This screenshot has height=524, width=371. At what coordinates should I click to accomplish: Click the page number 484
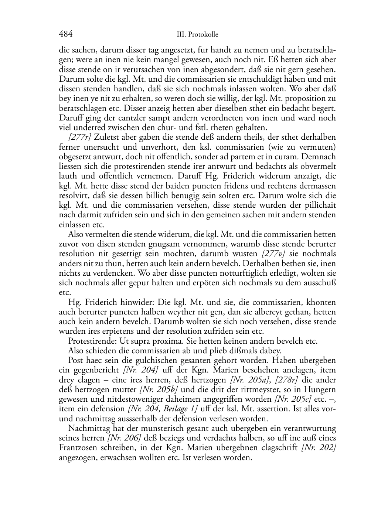point(66,34)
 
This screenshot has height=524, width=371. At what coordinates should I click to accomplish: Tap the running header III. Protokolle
point(197,34)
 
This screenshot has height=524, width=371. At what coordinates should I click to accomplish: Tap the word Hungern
point(321,389)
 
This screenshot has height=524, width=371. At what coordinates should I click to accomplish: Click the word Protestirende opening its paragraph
point(91,341)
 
